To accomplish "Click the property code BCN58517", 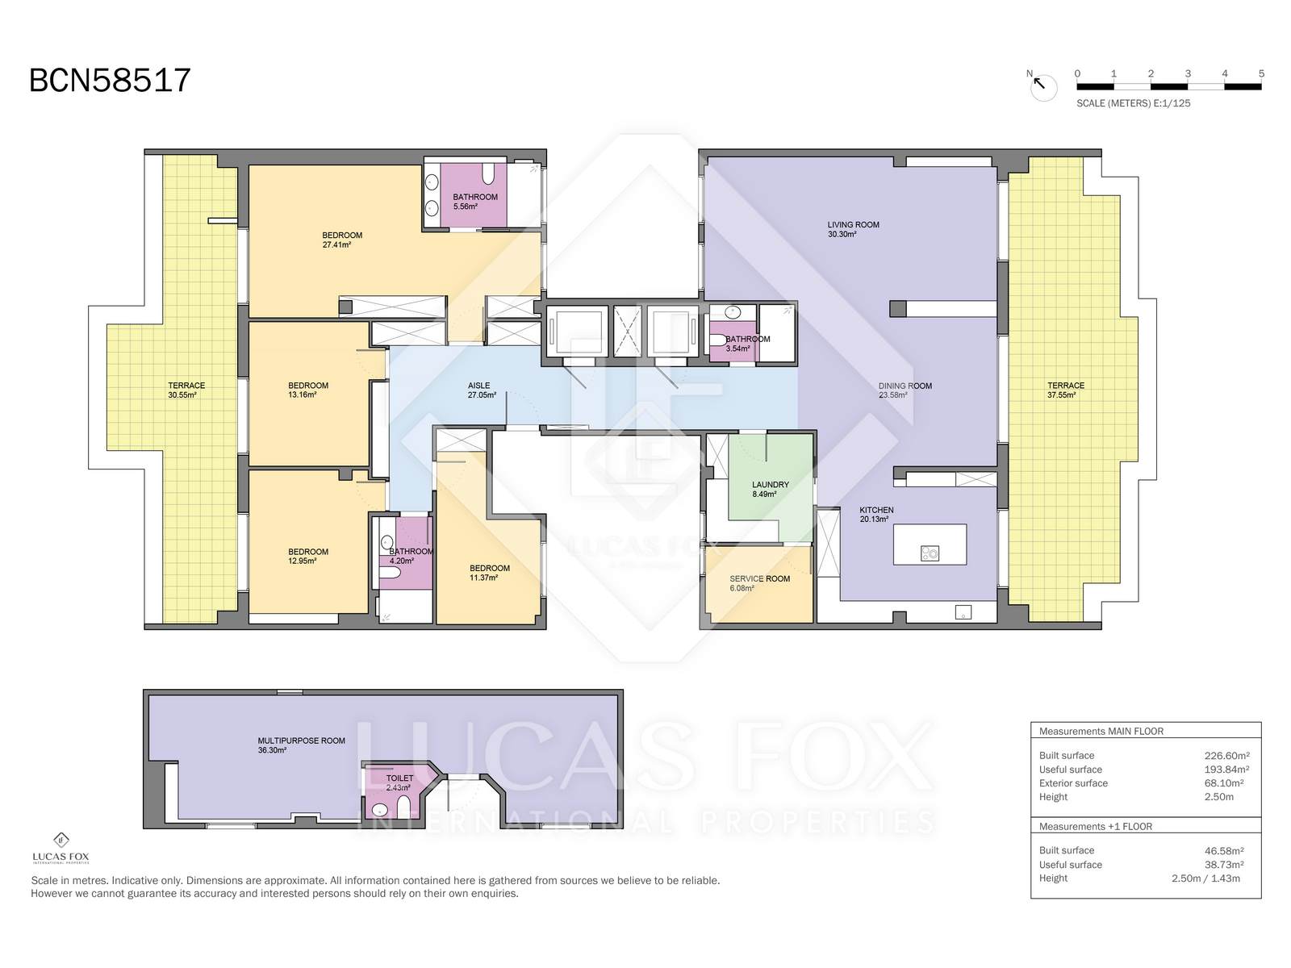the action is [110, 81].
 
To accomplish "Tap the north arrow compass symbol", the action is [1042, 86].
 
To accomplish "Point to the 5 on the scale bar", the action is [1261, 73].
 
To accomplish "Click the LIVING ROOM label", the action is [853, 224].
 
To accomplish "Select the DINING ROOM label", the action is [905, 386].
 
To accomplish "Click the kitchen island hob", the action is [930, 553].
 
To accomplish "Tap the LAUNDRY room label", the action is [770, 485].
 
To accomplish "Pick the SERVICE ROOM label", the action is [759, 579].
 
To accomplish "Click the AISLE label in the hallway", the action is [478, 386].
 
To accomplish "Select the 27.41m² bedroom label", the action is [342, 240].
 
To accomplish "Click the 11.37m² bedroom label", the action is [489, 573].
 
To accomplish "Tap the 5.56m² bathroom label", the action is [475, 202].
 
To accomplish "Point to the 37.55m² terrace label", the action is [1066, 390].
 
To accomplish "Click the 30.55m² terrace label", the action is [186, 390].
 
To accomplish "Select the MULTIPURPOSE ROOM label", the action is [301, 741].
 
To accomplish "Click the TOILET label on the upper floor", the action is [399, 778].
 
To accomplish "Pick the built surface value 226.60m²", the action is [1227, 756].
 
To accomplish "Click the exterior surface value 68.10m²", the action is [1227, 783].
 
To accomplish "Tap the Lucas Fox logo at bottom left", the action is [61, 849].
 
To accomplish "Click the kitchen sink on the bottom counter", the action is [963, 611].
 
